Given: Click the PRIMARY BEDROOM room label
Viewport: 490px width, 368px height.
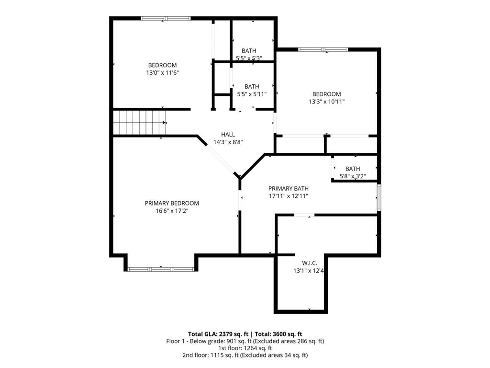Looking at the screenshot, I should [x=172, y=203].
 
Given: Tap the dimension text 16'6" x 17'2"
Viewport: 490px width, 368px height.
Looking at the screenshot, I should [x=172, y=210].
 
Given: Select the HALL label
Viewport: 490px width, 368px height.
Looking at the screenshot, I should [x=228, y=135].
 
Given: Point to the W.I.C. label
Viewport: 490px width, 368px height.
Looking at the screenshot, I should [x=309, y=263].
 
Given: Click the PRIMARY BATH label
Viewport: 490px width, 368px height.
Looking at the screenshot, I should [x=288, y=188].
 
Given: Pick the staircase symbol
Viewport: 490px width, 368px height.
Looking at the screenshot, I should [x=139, y=122].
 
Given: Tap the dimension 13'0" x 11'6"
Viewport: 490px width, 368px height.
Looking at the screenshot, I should [x=162, y=72].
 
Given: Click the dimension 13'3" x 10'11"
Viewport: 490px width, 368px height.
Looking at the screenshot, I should [x=327, y=102].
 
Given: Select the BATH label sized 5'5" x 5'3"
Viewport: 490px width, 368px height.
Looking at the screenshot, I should [x=249, y=51].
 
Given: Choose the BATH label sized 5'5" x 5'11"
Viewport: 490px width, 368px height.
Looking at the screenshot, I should [x=252, y=87].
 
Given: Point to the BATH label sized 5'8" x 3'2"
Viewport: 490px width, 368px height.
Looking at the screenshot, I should [x=353, y=169].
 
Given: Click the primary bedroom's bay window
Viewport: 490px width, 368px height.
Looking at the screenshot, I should [x=161, y=269].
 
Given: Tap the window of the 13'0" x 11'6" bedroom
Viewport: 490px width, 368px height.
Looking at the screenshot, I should [x=166, y=19].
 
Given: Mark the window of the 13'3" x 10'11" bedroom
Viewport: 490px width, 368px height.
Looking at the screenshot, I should [x=323, y=49].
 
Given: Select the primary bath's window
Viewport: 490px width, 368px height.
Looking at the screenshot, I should [x=379, y=197].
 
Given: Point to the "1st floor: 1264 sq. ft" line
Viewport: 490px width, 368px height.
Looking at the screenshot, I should [x=245, y=348].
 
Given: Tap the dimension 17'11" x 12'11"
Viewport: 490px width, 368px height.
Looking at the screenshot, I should [x=288, y=195].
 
